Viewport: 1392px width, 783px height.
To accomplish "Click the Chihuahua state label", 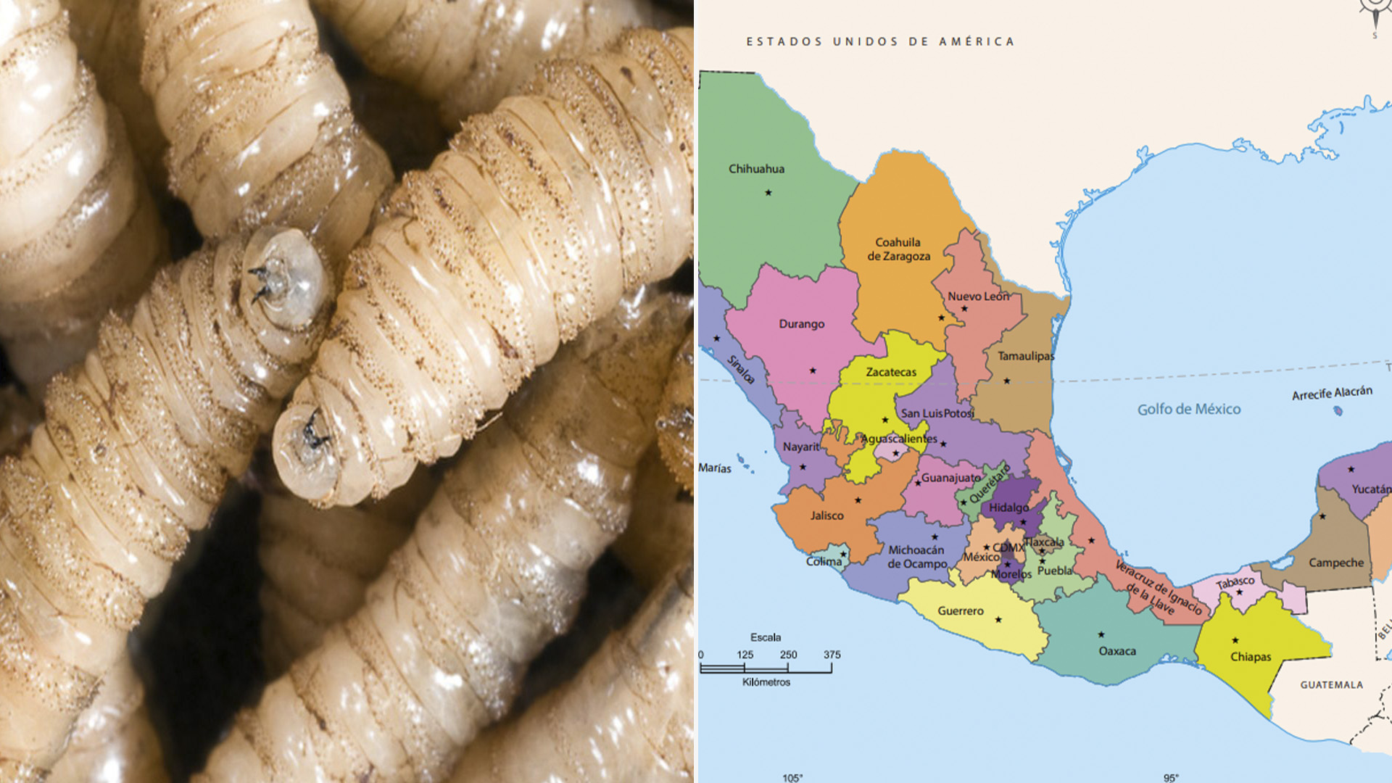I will (756, 169).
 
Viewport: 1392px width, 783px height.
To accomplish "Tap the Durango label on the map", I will (801, 324).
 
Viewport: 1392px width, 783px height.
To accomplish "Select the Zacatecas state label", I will (891, 372).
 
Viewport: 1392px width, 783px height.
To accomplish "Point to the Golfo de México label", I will (1189, 409).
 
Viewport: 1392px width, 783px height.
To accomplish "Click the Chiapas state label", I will (1251, 657).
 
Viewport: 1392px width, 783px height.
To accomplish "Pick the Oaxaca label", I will (1117, 651).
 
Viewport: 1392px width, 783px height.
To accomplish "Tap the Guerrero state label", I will (961, 611).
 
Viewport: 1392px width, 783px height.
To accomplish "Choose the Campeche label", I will (1336, 563).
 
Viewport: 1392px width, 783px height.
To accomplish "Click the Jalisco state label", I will (826, 515).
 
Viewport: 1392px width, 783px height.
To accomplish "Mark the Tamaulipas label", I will (1026, 356).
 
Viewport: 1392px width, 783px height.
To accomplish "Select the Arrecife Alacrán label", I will (1332, 393).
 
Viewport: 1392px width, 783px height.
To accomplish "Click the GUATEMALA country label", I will (1331, 684).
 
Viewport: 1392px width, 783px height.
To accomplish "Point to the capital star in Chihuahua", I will (768, 193).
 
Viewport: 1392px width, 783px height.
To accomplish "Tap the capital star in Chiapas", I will (1235, 640).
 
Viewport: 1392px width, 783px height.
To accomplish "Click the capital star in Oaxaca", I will (1101, 635).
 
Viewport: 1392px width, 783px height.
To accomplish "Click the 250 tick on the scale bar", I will (788, 655).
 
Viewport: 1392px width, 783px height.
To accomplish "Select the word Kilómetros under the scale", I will (766, 682).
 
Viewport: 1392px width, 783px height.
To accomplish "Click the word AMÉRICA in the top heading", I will (977, 42).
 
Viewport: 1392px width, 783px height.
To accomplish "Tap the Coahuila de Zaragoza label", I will (898, 249).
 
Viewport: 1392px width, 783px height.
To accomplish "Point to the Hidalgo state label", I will (1008, 507).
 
